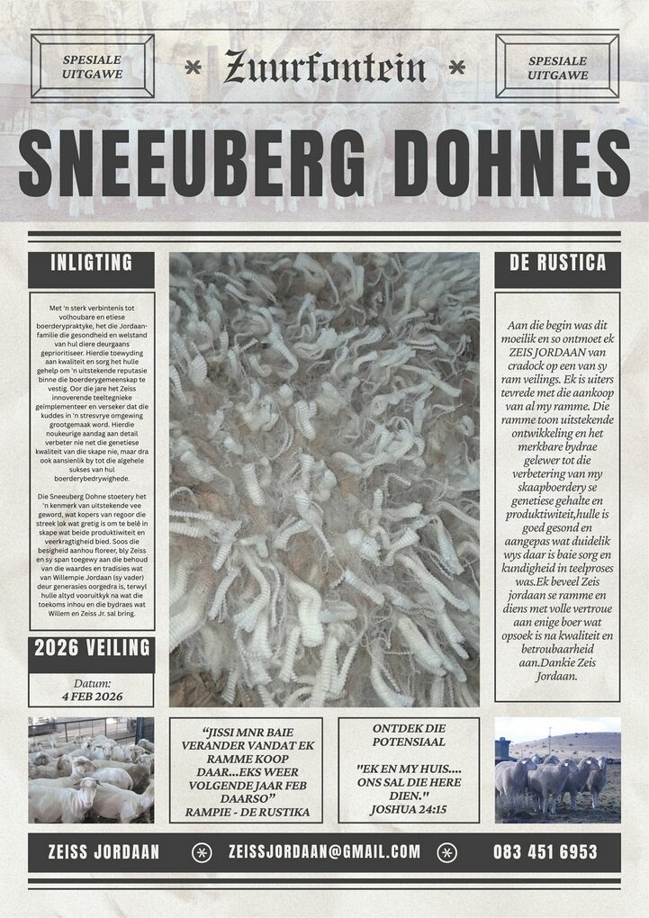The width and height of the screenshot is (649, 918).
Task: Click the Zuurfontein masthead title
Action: pyautogui.click(x=325, y=66)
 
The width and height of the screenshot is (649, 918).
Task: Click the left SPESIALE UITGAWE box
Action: pyautogui.click(x=92, y=67)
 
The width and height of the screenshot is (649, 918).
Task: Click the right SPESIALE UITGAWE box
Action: pyautogui.click(x=557, y=67)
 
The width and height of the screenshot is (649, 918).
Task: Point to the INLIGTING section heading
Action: pyautogui.click(x=91, y=263)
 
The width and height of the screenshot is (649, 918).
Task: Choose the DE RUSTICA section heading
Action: pyautogui.click(x=557, y=263)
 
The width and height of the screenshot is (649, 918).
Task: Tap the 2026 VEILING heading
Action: pyautogui.click(x=91, y=649)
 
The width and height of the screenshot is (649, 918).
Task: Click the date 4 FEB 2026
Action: pyautogui.click(x=91, y=697)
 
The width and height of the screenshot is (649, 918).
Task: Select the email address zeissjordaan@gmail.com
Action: pyautogui.click(x=324, y=851)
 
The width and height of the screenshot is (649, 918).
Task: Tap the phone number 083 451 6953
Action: pyautogui.click(x=545, y=851)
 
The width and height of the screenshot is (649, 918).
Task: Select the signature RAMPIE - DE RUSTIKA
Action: pyautogui.click(x=248, y=813)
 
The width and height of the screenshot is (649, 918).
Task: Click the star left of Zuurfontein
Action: pyautogui.click(x=192, y=67)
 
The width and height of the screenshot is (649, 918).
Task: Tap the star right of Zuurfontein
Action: pyautogui.click(x=457, y=67)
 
